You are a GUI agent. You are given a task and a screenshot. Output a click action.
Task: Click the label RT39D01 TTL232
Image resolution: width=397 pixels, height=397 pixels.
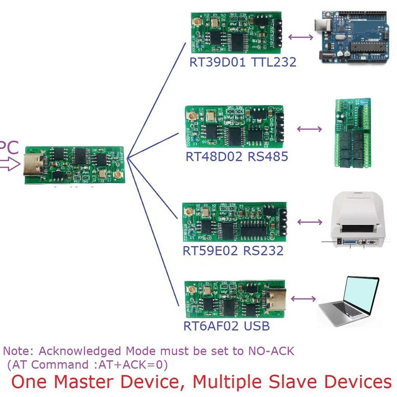coord(243,62)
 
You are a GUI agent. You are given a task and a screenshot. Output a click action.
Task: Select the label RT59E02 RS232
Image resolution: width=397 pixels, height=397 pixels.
coord(233,250)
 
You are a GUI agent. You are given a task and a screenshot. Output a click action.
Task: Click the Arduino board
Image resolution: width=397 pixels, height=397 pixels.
coord(350,38)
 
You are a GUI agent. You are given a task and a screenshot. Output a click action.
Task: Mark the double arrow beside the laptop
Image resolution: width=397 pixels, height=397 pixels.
coord(304,298)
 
